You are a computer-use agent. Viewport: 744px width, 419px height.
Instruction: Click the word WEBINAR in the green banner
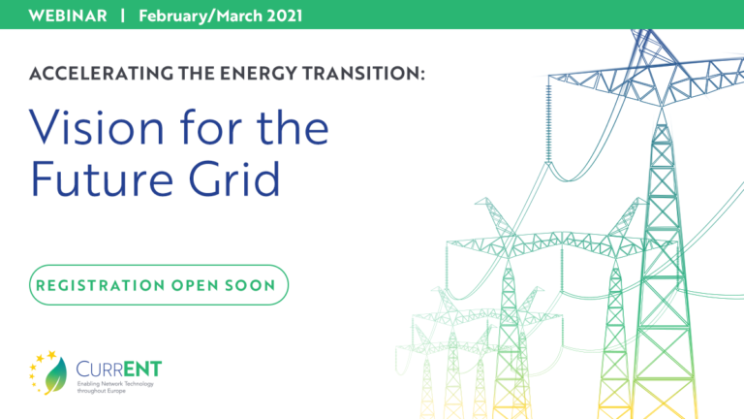[x=68, y=16]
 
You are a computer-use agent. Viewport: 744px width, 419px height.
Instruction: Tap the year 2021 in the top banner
[x=284, y=16]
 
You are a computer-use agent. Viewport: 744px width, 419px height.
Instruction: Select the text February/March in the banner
[x=201, y=16]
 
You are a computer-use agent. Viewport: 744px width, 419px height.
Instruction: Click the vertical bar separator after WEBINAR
[x=123, y=16]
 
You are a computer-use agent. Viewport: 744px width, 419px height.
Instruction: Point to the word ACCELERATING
[x=101, y=74]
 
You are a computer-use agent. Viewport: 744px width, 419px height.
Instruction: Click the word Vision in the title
[x=96, y=126]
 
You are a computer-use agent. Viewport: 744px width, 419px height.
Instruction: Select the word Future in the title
[x=102, y=178]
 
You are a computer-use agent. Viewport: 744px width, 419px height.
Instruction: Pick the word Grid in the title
[x=234, y=178]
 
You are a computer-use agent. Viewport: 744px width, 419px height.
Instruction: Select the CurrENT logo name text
[x=119, y=369]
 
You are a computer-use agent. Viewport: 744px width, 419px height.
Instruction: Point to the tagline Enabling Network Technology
[x=115, y=384]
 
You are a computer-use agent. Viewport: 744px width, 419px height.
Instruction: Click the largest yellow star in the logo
[x=51, y=354]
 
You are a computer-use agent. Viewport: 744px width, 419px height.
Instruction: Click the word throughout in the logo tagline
[x=92, y=391]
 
